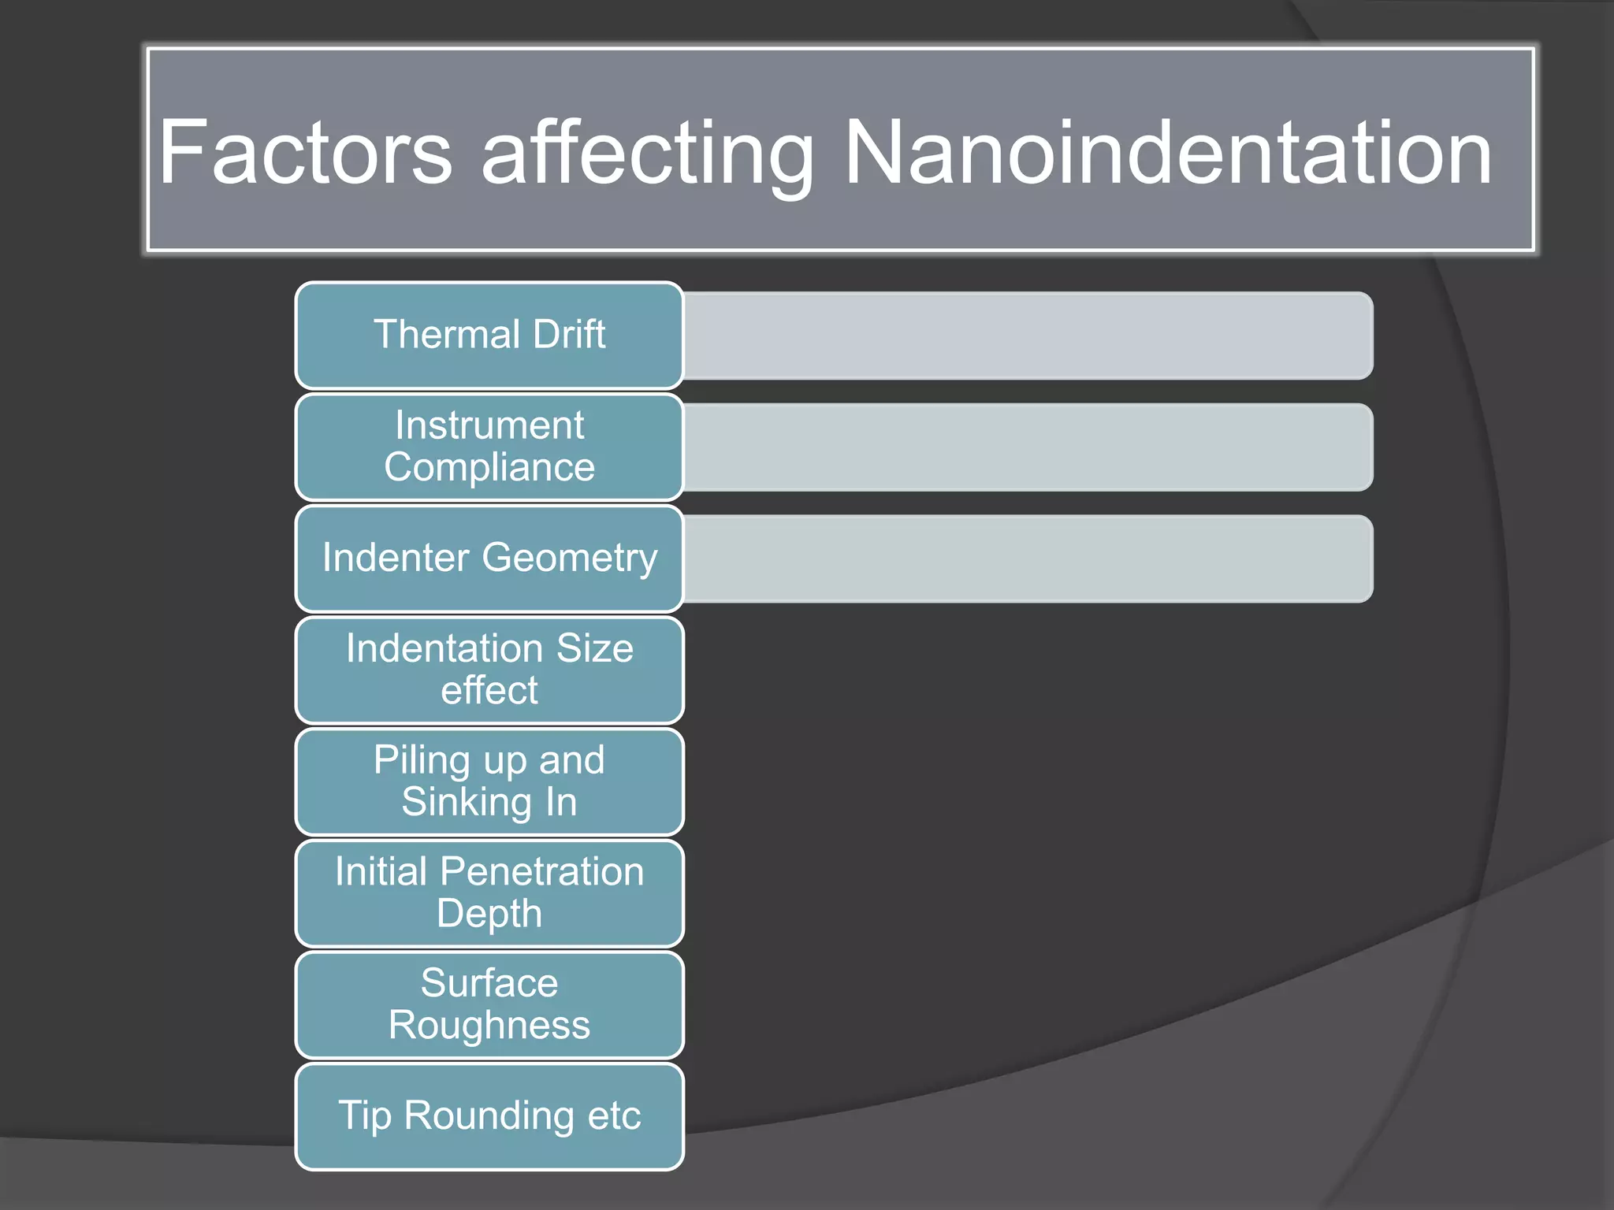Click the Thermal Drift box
[x=489, y=335]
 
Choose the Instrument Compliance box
[x=489, y=447]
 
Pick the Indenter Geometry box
[x=489, y=559]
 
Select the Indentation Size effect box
[x=489, y=670]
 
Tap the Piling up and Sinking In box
[x=489, y=781]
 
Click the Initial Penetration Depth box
[x=489, y=893]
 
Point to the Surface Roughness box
[x=489, y=1004]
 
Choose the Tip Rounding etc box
[x=489, y=1116]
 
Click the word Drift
[x=569, y=335]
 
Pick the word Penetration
[x=542, y=872]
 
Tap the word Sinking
[x=467, y=803]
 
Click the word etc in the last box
[x=613, y=1116]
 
